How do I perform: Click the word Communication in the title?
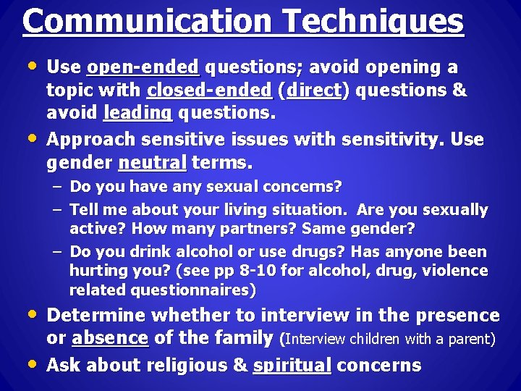(x=142, y=22)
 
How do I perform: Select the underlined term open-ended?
(x=143, y=67)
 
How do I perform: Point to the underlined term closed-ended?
(x=209, y=91)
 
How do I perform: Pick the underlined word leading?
(x=137, y=114)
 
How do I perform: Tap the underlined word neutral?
(x=152, y=163)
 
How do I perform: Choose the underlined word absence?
(x=110, y=338)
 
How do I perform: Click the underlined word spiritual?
(x=292, y=365)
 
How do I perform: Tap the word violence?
(x=459, y=271)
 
